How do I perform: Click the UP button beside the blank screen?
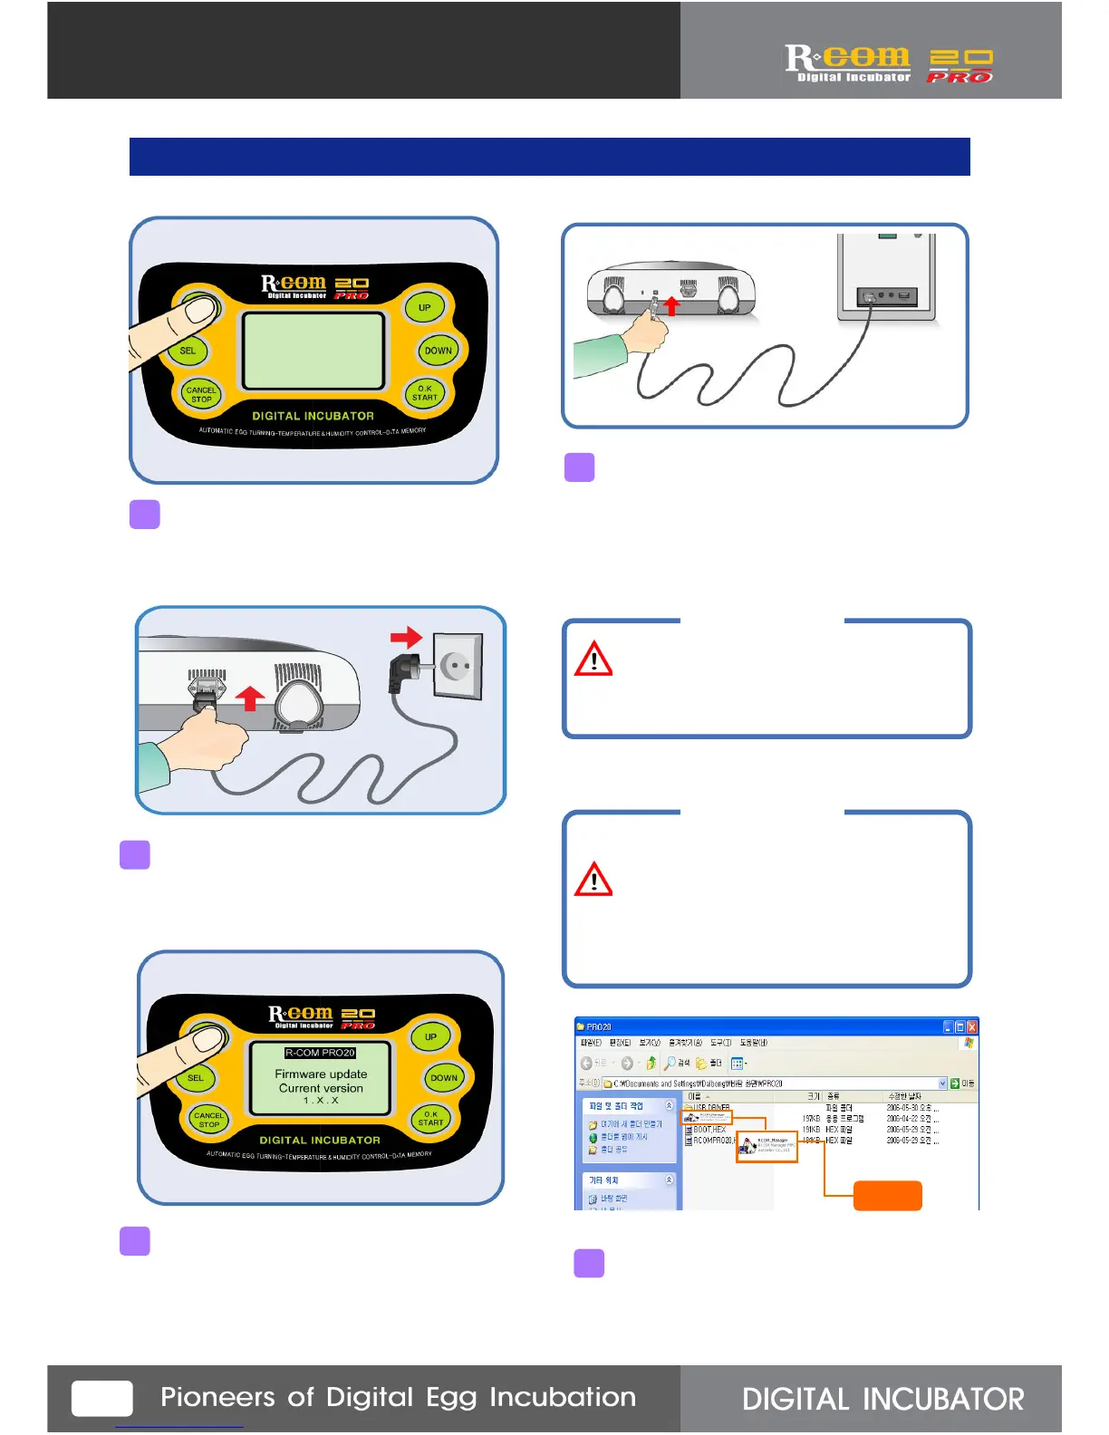pos(424,307)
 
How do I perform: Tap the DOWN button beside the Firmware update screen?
pos(444,1078)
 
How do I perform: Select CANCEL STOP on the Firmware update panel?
pos(208,1120)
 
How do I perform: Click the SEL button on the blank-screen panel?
pos(188,351)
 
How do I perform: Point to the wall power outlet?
pos(458,666)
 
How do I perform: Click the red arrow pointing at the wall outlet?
pos(407,637)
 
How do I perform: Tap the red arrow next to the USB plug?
pos(671,306)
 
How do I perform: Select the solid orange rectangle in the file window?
pos(887,1195)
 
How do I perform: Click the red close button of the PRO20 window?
pos(971,1026)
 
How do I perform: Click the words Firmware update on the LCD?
pos(321,1074)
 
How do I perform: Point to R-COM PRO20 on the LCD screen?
pos(320,1053)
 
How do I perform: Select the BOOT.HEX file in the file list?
pos(709,1130)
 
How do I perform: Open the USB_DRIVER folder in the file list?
pos(711,1108)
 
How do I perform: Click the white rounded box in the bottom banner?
pos(102,1398)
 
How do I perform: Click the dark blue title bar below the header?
pos(549,157)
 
